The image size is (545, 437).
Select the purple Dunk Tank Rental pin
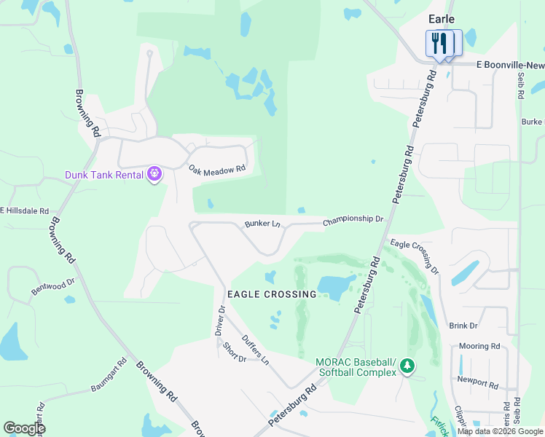tap(154, 174)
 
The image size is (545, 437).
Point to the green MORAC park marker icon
tap(407, 366)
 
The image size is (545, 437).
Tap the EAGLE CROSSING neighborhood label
tap(272, 294)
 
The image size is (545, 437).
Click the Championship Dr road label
tap(353, 219)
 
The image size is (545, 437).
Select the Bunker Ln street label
tap(262, 223)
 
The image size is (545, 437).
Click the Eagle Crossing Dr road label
tap(415, 256)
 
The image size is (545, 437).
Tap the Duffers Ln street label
tap(256, 350)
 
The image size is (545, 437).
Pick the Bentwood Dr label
tap(53, 286)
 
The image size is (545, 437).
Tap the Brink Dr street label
tap(463, 326)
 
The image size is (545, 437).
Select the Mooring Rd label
tap(479, 346)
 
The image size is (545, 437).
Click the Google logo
tap(24, 428)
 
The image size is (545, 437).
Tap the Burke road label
tap(533, 122)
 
